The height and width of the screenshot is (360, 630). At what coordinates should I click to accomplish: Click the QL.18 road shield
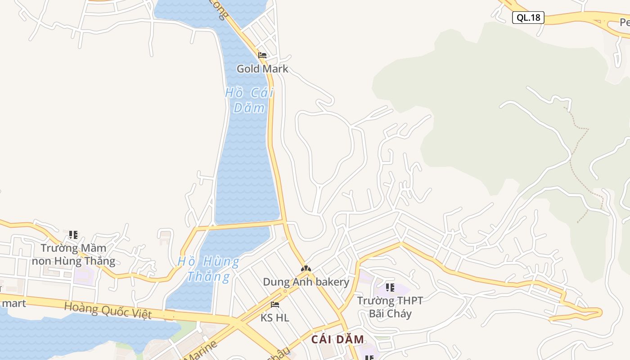(x=528, y=18)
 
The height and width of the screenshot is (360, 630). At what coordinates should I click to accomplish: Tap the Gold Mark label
(x=262, y=69)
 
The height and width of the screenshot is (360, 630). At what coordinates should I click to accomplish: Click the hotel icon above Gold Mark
(x=262, y=55)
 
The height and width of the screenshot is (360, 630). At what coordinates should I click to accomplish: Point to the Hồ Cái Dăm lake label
(x=249, y=100)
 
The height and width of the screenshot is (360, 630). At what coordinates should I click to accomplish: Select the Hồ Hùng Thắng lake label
(x=208, y=269)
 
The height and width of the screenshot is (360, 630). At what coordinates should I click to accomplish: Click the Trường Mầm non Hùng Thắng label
(x=73, y=254)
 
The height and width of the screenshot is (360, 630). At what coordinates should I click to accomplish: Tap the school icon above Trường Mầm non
(x=73, y=234)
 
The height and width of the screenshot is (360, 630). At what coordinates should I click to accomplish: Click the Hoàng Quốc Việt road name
(x=108, y=310)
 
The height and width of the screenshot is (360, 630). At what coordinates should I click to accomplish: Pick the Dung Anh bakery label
(x=306, y=282)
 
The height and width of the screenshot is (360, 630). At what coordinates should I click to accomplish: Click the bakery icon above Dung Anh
(x=306, y=269)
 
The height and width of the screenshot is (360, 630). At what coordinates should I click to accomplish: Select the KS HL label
(x=275, y=318)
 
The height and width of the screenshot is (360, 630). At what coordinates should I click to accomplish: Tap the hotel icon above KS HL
(x=275, y=305)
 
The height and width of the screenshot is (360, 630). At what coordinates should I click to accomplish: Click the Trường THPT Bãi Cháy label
(x=390, y=307)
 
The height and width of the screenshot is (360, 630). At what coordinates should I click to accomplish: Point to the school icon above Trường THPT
(x=390, y=287)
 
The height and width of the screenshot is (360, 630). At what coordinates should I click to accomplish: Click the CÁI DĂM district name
(x=337, y=339)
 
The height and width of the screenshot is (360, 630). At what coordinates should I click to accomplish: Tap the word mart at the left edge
(x=13, y=303)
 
